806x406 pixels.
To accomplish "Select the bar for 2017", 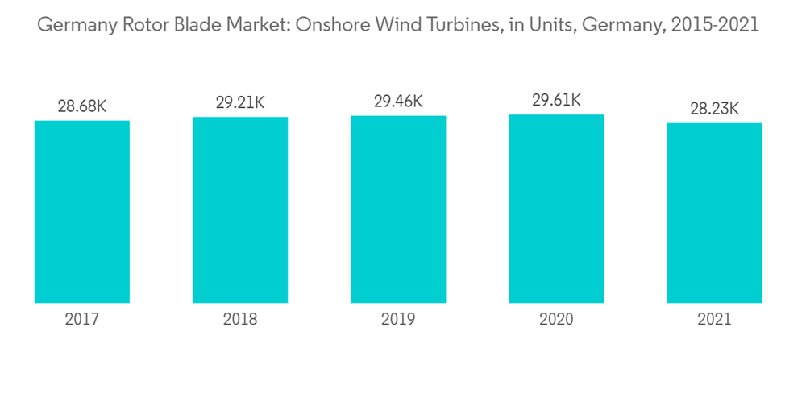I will (x=82, y=211).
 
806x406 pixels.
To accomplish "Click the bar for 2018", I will (x=240, y=209).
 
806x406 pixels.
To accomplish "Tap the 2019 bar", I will (x=398, y=209).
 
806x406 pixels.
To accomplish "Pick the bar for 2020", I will (x=556, y=209).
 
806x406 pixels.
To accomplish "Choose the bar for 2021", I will (x=714, y=213).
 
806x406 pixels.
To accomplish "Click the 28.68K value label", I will (x=82, y=106).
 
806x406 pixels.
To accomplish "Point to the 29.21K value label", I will (x=240, y=102).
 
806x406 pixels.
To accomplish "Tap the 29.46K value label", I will (x=398, y=101).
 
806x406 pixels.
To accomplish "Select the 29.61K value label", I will (x=556, y=101).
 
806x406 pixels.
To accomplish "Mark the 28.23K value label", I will (x=714, y=108).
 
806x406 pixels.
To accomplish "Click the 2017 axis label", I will (x=82, y=320).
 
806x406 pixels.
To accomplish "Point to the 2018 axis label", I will (x=240, y=320).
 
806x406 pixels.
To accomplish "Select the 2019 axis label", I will (x=398, y=320).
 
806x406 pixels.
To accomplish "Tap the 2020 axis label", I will (x=556, y=320).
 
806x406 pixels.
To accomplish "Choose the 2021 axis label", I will (x=714, y=320).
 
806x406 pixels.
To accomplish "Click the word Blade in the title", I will (x=212, y=25).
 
